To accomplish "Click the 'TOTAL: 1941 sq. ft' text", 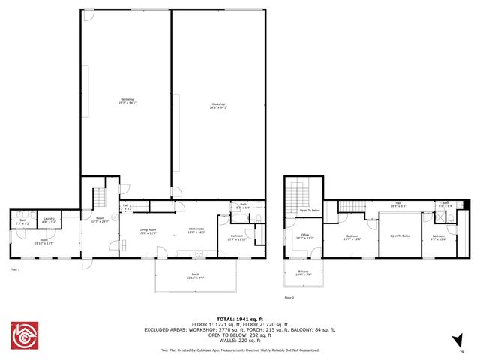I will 240,318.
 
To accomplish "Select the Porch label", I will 195,275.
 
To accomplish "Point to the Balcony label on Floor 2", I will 303,273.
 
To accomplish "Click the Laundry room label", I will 48,220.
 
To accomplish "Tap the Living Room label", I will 147,231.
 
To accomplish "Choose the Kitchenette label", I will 196,231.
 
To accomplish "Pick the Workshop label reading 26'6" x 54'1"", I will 218,106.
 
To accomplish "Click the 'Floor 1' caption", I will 15,268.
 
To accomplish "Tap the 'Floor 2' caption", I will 289,298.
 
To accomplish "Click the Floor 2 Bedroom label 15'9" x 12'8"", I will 353,238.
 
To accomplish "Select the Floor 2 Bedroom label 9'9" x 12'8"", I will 438,238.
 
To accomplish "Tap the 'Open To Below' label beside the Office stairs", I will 310,211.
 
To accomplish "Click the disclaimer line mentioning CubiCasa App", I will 240,349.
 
